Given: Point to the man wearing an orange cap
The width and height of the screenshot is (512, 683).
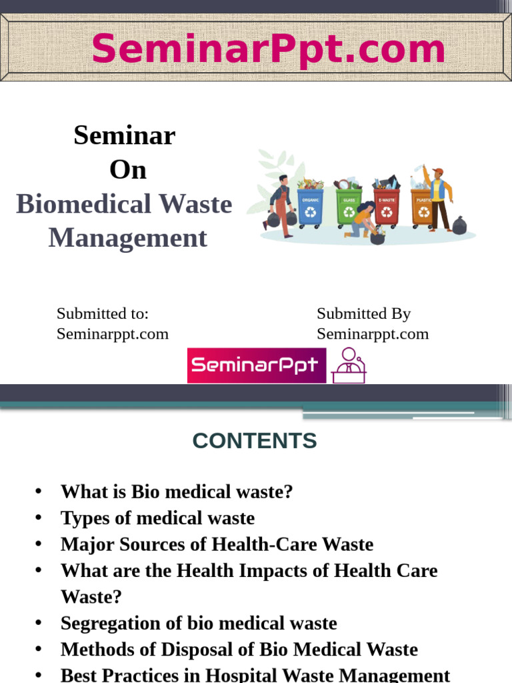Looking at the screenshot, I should [x=438, y=197].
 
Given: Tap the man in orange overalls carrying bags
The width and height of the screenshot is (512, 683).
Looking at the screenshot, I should [x=281, y=205].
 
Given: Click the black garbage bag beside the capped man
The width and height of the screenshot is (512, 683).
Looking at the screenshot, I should [x=459, y=225].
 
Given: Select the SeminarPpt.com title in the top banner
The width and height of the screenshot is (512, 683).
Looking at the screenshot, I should [x=268, y=49].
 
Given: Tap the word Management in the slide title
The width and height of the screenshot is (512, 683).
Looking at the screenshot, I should [x=127, y=238].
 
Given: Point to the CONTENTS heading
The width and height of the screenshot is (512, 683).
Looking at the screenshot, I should [x=255, y=441].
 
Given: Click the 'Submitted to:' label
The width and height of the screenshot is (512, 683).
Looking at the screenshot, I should [x=102, y=313].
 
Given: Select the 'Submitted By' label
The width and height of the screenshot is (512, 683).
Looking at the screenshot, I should [x=363, y=313].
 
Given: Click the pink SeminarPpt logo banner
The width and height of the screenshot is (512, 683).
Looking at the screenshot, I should [x=257, y=366].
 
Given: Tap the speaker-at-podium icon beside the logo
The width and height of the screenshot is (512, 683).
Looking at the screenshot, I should [x=349, y=366].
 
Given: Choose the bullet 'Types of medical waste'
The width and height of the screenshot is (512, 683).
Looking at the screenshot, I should [x=157, y=518].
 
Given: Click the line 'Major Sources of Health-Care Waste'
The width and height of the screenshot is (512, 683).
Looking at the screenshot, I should [x=217, y=544].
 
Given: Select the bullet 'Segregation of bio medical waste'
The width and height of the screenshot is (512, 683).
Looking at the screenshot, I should [x=199, y=623].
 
